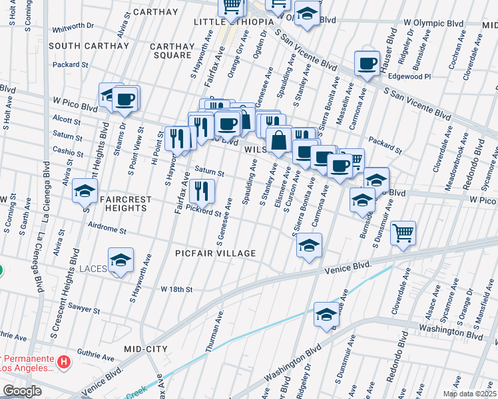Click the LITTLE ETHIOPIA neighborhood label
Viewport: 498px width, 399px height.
234,22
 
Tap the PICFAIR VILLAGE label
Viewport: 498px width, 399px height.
215,253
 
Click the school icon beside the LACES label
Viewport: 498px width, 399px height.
121,259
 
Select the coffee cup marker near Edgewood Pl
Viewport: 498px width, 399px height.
367,64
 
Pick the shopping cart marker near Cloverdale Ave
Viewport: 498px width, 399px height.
403,233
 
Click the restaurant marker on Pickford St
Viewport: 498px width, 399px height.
202,191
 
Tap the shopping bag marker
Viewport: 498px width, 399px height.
278,141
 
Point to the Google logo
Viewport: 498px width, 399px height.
23,391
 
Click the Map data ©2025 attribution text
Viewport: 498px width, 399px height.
469,394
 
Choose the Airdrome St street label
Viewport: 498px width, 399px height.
107,229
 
